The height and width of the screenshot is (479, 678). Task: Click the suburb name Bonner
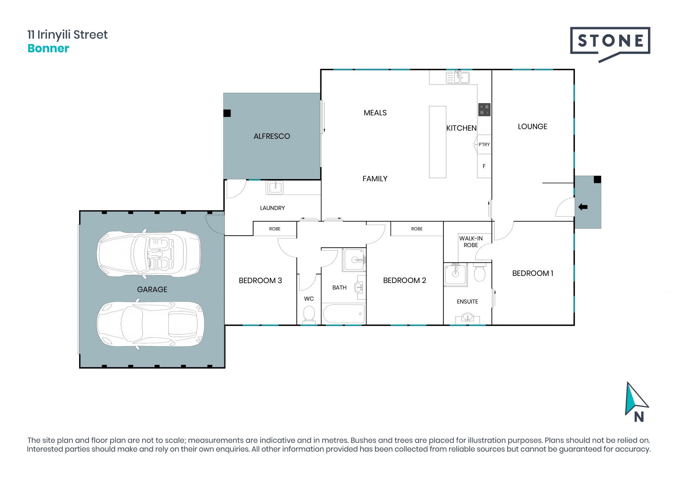tap(48, 48)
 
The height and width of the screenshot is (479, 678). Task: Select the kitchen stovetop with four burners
tap(484, 110)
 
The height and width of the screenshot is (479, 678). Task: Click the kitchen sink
tap(458, 77)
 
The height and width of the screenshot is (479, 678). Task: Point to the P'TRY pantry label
tap(484, 144)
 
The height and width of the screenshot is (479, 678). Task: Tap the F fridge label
tap(484, 166)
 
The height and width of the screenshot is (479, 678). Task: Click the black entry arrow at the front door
tap(583, 207)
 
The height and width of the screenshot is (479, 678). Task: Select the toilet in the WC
tap(309, 314)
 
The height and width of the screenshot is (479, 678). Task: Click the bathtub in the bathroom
tap(344, 314)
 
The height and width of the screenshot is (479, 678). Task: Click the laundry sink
tap(275, 187)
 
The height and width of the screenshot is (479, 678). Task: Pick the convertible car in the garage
tap(149, 253)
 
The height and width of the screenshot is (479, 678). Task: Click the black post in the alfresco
tap(227, 113)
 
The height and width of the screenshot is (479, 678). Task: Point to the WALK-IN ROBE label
tap(471, 242)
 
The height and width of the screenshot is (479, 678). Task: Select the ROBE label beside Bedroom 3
tap(275, 229)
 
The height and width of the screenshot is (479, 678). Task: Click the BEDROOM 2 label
tap(405, 280)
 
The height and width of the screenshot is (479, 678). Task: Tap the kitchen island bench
tap(438, 142)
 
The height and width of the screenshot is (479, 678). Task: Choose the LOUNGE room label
tap(533, 126)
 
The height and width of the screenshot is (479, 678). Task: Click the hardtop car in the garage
tap(150, 324)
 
